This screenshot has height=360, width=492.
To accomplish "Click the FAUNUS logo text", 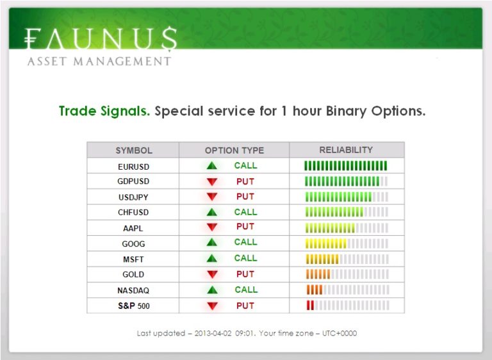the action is [x=101, y=38].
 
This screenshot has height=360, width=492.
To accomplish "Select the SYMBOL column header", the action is [x=134, y=151].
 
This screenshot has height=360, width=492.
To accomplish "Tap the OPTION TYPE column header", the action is [x=234, y=151].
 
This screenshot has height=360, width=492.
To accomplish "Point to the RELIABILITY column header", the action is [x=346, y=150].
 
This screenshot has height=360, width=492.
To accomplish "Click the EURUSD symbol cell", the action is [x=134, y=167].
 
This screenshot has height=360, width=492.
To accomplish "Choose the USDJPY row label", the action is [x=133, y=197].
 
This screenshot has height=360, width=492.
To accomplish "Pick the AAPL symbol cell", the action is [x=133, y=228].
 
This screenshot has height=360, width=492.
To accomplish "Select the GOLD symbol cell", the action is [x=133, y=274].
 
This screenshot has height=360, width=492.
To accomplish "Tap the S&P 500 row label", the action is [x=134, y=306].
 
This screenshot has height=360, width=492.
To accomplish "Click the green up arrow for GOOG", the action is [x=212, y=242].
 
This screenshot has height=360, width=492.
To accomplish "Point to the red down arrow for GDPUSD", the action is [x=212, y=181].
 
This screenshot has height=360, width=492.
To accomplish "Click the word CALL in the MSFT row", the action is [x=246, y=258].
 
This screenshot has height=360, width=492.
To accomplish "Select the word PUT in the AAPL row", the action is [x=245, y=227].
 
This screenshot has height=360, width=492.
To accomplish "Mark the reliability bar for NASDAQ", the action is [x=348, y=290].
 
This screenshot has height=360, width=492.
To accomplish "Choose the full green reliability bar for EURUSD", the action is [x=346, y=166].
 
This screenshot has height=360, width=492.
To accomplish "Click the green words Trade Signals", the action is [x=104, y=111].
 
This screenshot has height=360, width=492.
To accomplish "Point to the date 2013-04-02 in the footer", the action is [x=213, y=333].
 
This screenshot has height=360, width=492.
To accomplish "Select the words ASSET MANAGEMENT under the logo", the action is [x=99, y=61].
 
